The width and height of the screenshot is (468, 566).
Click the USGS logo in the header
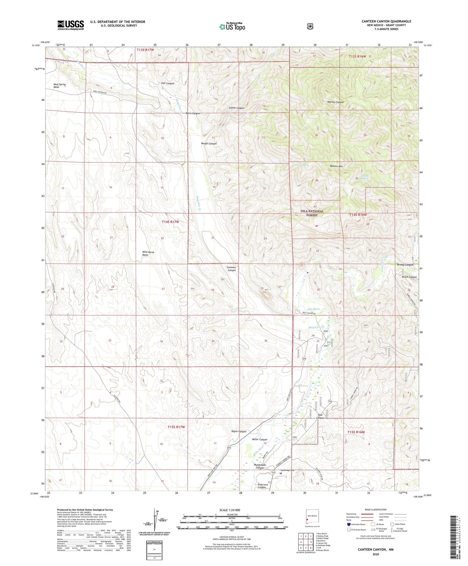71,25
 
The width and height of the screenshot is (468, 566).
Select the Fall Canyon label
168,83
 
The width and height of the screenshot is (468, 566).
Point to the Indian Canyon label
236,108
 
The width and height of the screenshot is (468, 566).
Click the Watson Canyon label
335,102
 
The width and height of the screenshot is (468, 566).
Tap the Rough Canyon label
209,143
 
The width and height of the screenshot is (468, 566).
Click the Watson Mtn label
336,166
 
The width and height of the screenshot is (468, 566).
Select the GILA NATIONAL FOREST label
312,213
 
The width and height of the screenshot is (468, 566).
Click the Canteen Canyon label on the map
232,269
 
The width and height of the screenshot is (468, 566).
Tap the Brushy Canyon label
405,265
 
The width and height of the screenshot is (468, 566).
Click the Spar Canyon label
320,416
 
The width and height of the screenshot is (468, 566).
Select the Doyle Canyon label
239,431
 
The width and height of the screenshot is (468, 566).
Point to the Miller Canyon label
259,440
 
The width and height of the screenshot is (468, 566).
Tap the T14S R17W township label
170,222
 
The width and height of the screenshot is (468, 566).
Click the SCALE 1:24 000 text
230,510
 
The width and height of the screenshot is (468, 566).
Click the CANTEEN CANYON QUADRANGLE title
386,21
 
